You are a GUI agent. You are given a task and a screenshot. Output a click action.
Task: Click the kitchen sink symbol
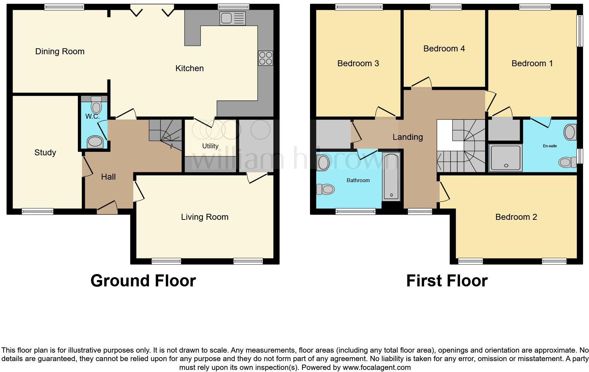click(232, 18)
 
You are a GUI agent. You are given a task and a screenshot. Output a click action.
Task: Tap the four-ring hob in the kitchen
click(266, 58)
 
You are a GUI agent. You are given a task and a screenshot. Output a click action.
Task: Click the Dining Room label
click(60, 51)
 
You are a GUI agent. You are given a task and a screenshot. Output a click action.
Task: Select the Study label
click(45, 153)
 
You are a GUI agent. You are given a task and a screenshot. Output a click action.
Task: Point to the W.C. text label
click(92, 116)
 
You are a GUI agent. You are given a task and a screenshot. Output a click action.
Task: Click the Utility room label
click(210, 146)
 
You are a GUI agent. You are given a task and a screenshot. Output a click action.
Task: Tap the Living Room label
click(205, 217)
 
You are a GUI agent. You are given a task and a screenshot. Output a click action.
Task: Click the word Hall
click(108, 177)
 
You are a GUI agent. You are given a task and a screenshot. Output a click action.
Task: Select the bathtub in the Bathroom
click(391, 176)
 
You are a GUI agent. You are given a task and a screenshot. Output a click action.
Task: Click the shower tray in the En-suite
click(505, 157)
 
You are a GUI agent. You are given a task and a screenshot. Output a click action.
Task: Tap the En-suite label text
click(550, 146)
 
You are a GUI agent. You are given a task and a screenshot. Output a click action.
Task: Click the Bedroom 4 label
click(444, 49)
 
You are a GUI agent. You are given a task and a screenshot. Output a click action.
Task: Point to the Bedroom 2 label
click(516, 217)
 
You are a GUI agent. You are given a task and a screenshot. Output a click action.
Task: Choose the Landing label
click(408, 137)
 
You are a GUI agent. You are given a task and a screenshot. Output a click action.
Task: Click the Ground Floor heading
click(143, 281)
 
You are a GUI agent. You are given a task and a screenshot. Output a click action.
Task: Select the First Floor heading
click(447, 281)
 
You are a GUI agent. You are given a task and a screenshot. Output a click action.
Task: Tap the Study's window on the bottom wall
click(37, 211)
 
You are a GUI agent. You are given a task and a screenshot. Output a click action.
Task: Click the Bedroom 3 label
click(358, 63)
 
